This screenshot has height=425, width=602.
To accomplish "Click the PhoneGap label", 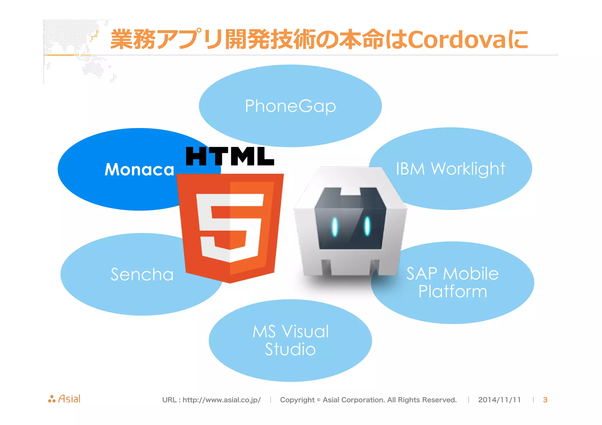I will point(290,106).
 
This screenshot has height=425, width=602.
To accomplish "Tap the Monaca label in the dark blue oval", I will point(139,169).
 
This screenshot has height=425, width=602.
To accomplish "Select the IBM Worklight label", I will point(450,169).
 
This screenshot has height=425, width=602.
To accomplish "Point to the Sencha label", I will point(142,274).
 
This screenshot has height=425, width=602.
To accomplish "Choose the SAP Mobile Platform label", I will point(452,282).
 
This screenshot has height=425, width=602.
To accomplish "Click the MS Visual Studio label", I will point(290,340).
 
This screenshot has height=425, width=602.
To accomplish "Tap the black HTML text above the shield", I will point(230,156).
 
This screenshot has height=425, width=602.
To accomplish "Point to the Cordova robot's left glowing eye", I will point(335,227).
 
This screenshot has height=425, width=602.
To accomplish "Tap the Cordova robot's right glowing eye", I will point(367,226).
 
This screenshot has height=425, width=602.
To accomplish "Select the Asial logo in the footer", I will point(64,399).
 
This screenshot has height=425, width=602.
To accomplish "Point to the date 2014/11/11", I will point(499,400).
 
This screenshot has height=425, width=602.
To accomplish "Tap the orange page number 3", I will point(545,400).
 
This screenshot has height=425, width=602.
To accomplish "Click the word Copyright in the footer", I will point(297,400).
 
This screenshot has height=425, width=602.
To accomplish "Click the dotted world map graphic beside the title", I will point(76,50).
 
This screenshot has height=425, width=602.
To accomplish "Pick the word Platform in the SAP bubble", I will point(452,291).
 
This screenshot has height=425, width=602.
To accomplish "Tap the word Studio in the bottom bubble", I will point(290,349).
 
